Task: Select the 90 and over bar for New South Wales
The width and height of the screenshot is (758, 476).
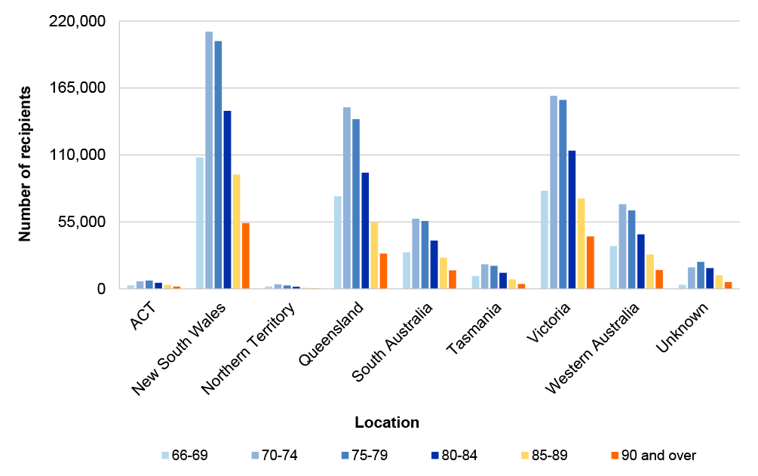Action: [245, 256]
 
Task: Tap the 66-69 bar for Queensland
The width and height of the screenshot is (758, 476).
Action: [338, 242]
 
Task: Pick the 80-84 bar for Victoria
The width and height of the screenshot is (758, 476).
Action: [572, 220]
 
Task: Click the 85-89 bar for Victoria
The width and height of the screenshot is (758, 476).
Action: [581, 244]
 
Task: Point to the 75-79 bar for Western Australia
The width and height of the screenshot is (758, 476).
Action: [632, 250]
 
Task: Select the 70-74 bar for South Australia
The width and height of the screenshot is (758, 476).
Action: [416, 253]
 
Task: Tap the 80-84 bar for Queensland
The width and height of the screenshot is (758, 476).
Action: [365, 231]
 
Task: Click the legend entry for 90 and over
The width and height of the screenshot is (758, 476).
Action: [652, 455]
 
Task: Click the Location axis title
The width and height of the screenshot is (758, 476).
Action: [386, 422]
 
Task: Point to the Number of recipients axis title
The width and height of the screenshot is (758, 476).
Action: [25, 163]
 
